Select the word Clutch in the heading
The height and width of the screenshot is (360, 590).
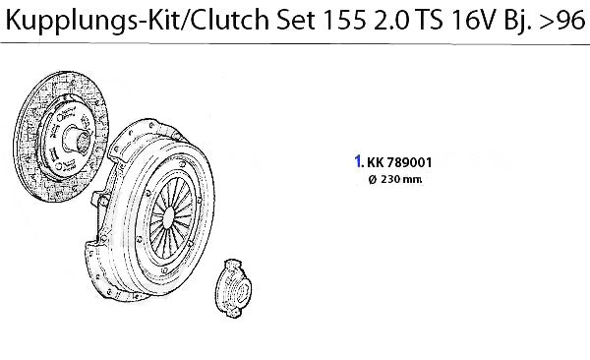tap(229, 20)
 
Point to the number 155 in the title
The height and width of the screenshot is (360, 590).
tap(344, 21)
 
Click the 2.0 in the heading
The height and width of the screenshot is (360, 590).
tap(391, 21)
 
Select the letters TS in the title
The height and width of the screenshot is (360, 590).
tap(429, 21)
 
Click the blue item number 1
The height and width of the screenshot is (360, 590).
tap(359, 161)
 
